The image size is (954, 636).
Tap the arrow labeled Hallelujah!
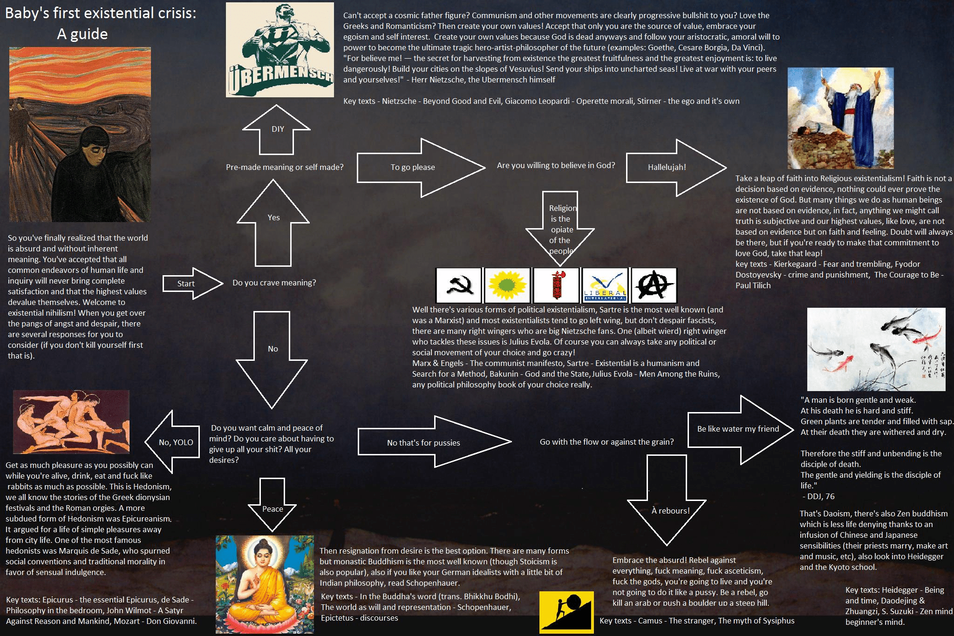pos(671,167)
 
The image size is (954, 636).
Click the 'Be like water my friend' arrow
pos(738,429)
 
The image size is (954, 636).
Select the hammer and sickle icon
pos(459,285)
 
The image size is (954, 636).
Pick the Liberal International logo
pos(605,285)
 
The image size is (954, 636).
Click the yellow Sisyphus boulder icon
pos(566,612)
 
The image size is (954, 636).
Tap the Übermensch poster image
pos(280,50)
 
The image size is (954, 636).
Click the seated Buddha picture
pos(265,584)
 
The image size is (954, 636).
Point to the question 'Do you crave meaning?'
pos(274,283)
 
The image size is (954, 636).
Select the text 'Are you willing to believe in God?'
pos(556,165)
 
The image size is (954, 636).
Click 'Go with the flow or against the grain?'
pos(606,442)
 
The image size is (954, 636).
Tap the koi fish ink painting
pos(876,349)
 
